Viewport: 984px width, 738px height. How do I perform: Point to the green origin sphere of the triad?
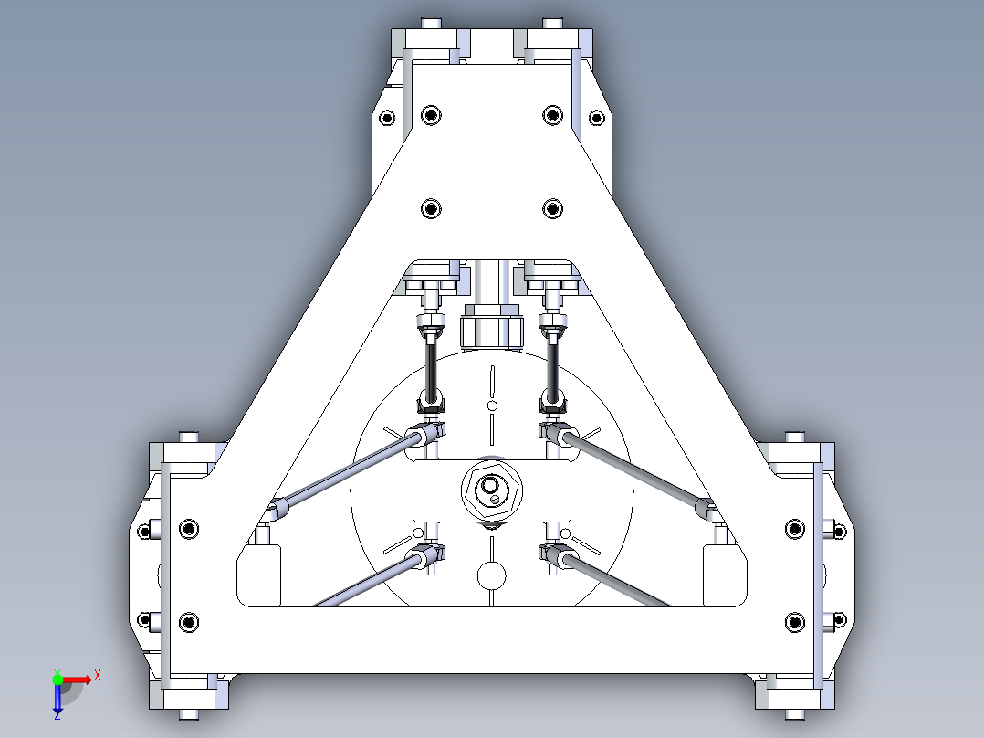(58, 679)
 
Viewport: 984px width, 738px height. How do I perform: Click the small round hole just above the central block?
(492, 405)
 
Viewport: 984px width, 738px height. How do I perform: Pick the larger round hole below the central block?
(492, 575)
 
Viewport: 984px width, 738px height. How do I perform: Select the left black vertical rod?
(431, 364)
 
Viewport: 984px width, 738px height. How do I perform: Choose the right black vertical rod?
(554, 364)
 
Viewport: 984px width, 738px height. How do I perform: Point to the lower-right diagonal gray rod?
(621, 581)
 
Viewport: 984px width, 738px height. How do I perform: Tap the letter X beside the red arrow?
(98, 675)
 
